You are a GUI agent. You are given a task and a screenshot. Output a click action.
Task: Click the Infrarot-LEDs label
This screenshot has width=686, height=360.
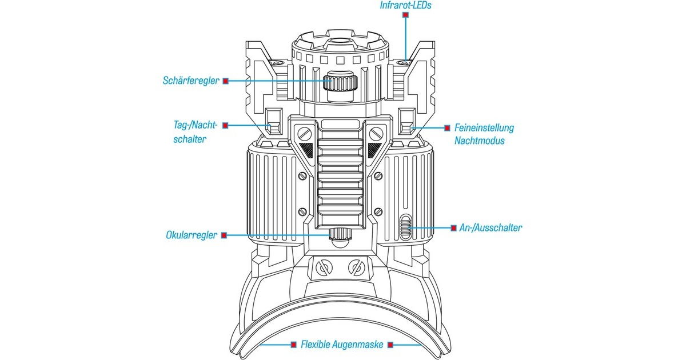(x=405, y=6)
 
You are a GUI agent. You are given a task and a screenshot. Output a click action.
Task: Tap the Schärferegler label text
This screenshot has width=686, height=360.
(x=191, y=81)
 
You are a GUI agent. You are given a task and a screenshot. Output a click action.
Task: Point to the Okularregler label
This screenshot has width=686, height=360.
(x=192, y=235)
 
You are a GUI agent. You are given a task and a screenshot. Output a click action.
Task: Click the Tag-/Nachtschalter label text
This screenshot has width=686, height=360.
(x=195, y=131)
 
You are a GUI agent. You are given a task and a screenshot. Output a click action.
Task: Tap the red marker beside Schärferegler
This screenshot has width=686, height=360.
(x=226, y=81)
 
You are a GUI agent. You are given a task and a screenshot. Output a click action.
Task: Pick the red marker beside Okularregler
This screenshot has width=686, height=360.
(x=225, y=235)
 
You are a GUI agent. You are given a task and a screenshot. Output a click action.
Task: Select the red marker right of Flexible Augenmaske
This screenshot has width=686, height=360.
(x=390, y=345)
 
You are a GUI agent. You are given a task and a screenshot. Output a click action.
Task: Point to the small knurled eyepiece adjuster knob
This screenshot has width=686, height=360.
(x=341, y=234)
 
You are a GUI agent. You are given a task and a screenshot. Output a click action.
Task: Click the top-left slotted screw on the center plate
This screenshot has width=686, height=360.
(x=304, y=134)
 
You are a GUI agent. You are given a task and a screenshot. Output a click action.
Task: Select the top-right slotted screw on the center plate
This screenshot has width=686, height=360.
(x=376, y=134)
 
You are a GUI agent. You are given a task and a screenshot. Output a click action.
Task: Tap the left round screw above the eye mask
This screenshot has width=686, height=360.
(x=324, y=266)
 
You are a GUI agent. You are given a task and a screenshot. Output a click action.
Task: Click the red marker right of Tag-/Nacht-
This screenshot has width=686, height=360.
(x=226, y=125)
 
